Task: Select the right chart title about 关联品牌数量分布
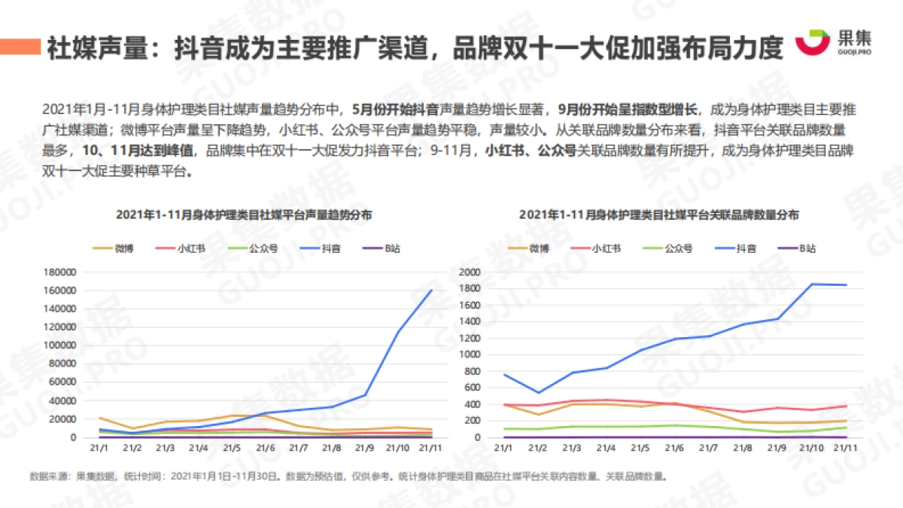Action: pyautogui.click(x=658, y=214)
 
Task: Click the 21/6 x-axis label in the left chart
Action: pyautogui.click(x=265, y=449)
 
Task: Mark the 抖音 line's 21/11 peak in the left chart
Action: pyautogui.click(x=431, y=290)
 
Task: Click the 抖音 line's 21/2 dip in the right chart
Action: pyautogui.click(x=537, y=392)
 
